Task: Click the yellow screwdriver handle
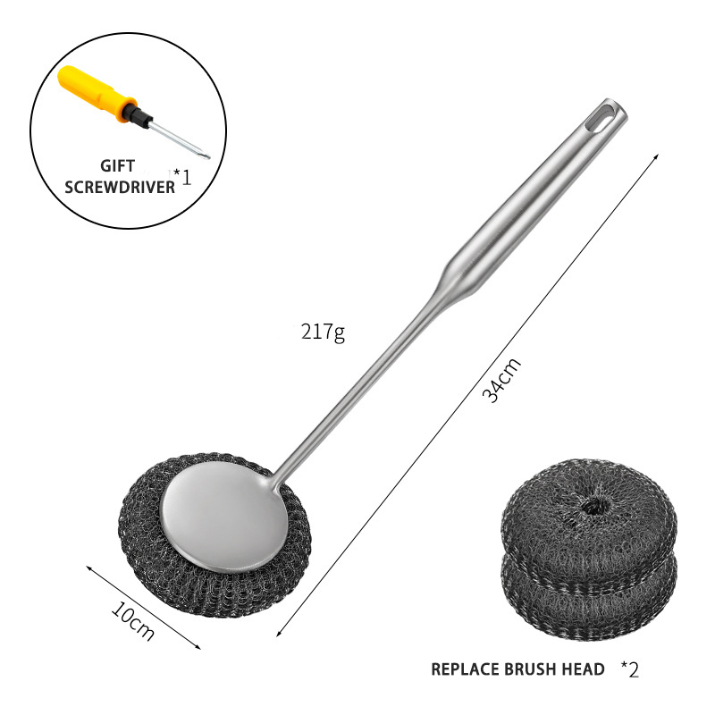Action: point(95,93)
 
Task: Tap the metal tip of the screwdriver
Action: point(206,156)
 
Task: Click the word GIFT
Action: point(118,166)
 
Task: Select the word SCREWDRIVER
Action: point(120,187)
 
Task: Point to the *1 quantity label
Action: point(182,177)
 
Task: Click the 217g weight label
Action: point(323,332)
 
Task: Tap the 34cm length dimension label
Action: point(501,381)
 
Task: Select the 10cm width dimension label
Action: point(132,620)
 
